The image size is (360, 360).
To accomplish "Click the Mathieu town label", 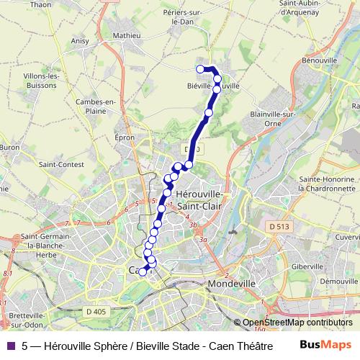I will (x=126, y=35).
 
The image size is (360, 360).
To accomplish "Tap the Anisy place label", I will (x=80, y=41).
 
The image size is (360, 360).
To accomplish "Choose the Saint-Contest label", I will (x=58, y=164).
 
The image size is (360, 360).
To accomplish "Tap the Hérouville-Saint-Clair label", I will (x=199, y=199).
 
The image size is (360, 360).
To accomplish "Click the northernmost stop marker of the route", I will (x=201, y=69).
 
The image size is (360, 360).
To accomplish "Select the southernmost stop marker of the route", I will (x=143, y=271).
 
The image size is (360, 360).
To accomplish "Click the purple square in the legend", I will (x=12, y=345).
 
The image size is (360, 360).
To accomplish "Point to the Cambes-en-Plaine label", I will (x=96, y=107).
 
